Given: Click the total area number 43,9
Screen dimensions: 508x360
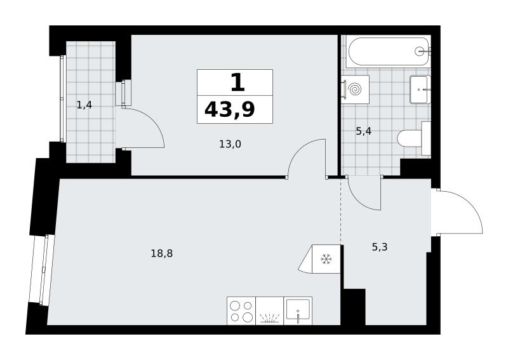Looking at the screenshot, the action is [x=230, y=109].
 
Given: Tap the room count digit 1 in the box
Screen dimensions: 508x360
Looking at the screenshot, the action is [x=237, y=83].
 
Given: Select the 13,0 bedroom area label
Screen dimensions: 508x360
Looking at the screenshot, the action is [x=230, y=144].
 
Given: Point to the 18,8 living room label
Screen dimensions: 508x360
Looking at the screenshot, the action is [x=162, y=253].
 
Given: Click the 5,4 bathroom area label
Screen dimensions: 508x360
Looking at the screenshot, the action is [x=363, y=131].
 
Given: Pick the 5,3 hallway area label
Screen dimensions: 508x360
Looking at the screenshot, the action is [x=380, y=247].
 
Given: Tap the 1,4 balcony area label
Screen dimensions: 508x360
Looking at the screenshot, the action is [x=84, y=105].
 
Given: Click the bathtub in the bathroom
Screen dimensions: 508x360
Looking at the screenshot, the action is [x=388, y=51].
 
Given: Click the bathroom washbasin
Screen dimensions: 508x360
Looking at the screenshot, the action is [x=420, y=90].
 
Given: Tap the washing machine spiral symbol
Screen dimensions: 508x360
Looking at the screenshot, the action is [x=355, y=89].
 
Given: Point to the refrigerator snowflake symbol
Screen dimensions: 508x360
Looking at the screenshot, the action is [x=326, y=259].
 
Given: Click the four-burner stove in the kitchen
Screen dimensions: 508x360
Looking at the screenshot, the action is [x=241, y=310].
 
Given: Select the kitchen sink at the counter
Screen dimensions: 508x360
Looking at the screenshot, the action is [x=298, y=310].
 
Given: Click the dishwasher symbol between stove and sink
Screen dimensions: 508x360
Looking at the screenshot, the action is [x=269, y=310].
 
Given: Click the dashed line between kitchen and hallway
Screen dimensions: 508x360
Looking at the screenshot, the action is [x=340, y=211].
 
